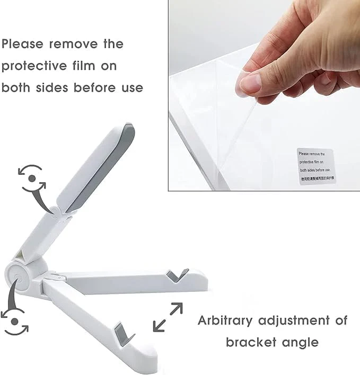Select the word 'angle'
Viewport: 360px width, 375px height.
pos(300,342)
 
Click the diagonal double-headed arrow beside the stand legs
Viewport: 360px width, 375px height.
pos(168,317)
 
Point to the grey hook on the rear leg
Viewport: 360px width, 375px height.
pos(177,275)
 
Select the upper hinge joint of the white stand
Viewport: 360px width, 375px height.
pos(58,210)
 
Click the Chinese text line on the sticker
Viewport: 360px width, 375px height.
pos(316,179)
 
